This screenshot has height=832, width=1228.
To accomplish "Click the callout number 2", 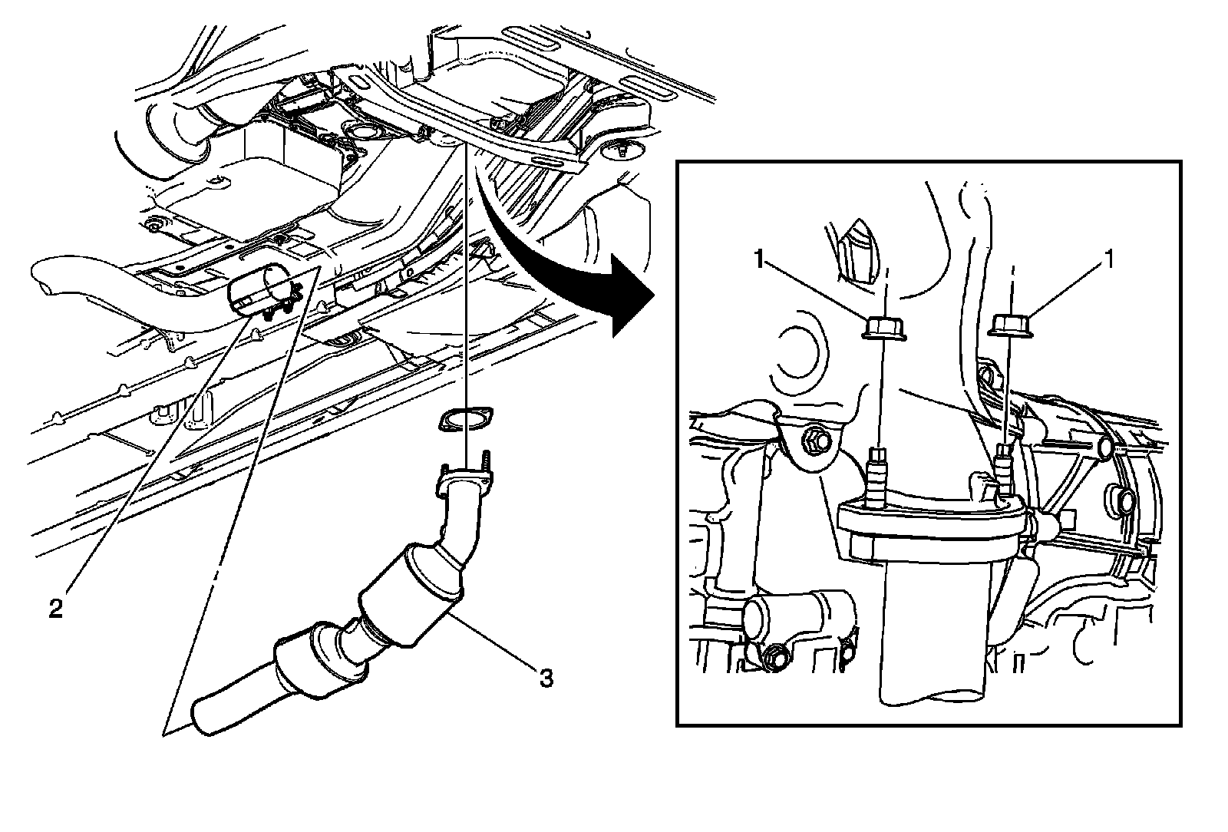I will click(55, 609).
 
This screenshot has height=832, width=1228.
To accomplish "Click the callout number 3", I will click(545, 678).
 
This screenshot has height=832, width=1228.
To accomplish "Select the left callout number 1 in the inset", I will click(759, 261).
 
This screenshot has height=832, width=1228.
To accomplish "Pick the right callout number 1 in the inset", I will click(1108, 261).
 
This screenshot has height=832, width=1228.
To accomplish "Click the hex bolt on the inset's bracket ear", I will click(814, 442).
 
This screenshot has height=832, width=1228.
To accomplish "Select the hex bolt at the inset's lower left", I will click(774, 657).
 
